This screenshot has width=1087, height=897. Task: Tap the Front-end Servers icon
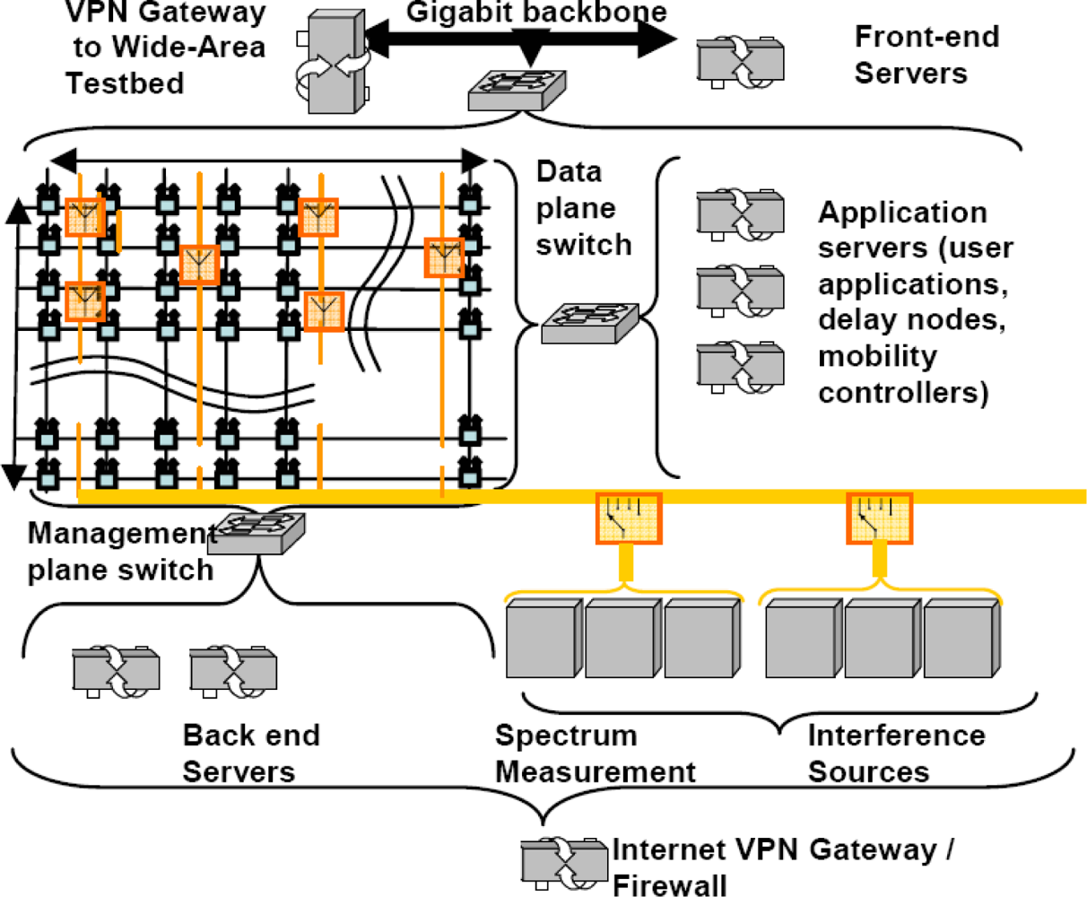[x=740, y=61]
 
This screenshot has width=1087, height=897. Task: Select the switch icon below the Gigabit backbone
[x=517, y=88]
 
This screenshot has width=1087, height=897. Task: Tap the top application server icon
[x=740, y=213]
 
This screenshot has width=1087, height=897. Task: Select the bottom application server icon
[x=740, y=366]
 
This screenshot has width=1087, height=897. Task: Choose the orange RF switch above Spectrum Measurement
[x=629, y=518]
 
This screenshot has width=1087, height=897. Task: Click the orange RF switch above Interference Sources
[x=880, y=518]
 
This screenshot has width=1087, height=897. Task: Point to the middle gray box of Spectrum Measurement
[x=623, y=638]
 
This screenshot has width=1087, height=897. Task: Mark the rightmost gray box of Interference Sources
[x=961, y=638]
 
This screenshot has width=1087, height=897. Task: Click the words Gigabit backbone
[x=536, y=13]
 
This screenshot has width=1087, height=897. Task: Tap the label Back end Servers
[x=250, y=753]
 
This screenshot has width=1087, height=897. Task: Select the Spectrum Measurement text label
[x=595, y=753]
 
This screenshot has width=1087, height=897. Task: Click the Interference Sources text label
[x=895, y=753]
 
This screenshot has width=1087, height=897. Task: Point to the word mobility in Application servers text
[x=876, y=356]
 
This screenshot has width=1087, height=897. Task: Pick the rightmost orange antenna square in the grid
[x=444, y=257]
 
